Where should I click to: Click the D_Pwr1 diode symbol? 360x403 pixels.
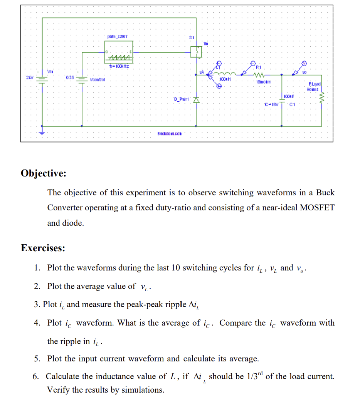[196, 100]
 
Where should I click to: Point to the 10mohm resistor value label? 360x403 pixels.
[264, 81]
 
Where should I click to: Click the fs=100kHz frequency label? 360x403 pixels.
[119, 67]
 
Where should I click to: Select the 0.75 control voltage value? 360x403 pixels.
[70, 77]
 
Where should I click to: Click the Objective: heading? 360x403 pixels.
[44, 173]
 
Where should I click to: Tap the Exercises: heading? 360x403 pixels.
[43, 248]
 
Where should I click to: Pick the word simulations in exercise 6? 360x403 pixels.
[141, 390]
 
